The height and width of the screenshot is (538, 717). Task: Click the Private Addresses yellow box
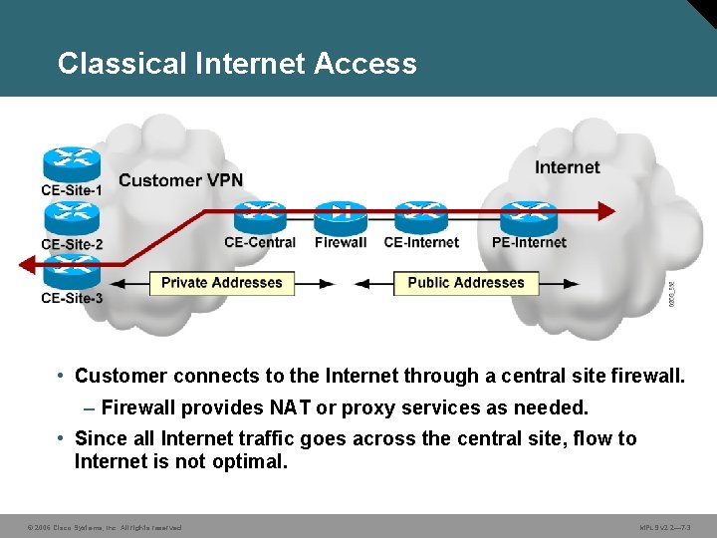point(222,283)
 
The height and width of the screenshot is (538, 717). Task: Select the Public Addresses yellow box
point(466,283)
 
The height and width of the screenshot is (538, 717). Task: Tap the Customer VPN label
point(180,180)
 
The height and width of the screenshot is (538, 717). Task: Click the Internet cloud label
point(568,167)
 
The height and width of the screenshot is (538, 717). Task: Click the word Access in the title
point(365,64)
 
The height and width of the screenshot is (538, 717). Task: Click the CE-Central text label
point(260,242)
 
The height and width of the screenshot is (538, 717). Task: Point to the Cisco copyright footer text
point(105,527)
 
